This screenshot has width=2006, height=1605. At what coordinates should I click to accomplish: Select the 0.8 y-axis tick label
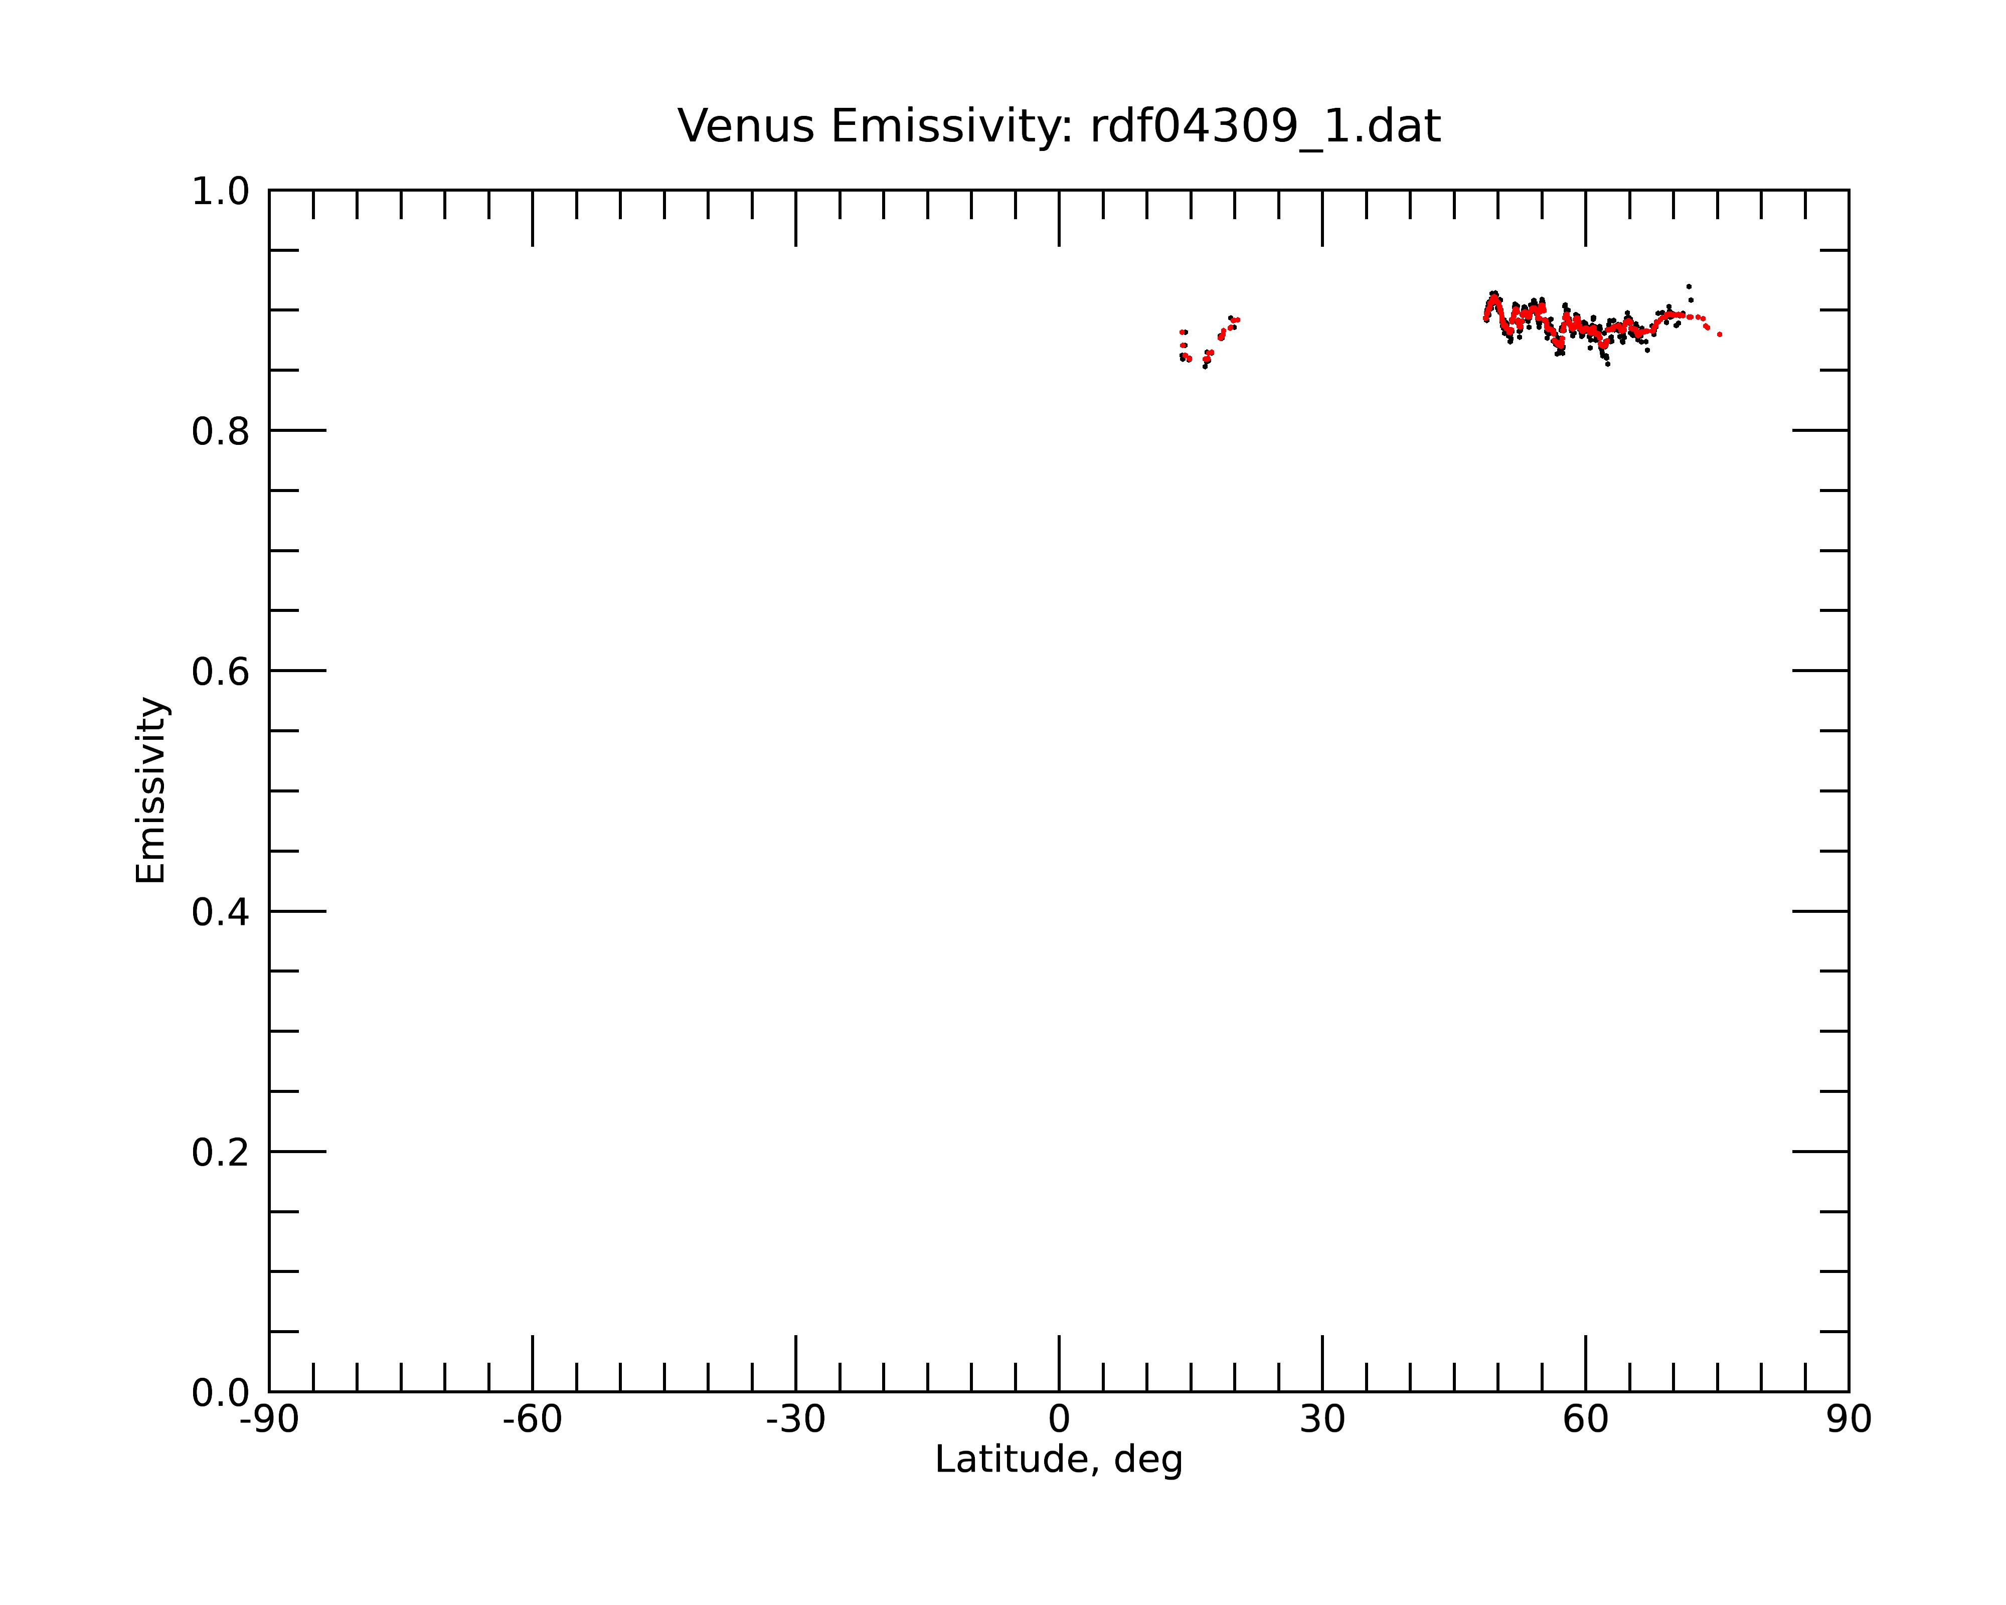221,432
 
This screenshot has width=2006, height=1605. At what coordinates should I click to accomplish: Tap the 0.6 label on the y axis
221,672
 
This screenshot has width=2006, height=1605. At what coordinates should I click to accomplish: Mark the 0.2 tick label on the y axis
221,1153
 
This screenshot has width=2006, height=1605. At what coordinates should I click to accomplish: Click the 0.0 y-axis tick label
221,1393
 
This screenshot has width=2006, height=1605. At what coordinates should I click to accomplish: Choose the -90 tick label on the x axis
269,1420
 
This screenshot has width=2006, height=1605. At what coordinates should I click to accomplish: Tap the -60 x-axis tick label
532,1420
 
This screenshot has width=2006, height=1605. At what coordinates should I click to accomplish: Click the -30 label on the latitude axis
795,1420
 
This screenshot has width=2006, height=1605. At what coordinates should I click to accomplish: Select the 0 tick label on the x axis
1059,1420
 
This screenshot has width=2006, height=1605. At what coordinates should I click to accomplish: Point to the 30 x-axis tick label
1322,1420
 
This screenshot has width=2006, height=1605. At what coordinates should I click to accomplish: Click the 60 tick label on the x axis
1585,1420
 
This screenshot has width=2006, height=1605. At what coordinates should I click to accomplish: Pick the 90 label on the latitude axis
1849,1420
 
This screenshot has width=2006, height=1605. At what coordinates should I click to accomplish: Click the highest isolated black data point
1689,286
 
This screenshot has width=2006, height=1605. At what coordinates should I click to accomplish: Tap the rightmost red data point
1720,334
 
